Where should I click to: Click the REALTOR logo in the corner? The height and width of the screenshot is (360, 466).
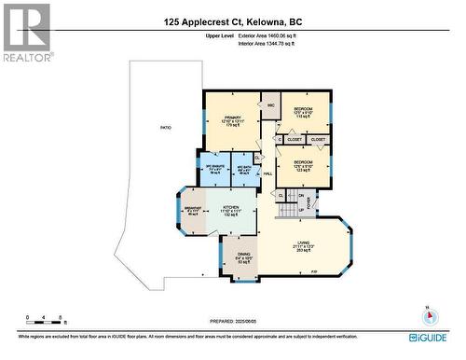point(25,33)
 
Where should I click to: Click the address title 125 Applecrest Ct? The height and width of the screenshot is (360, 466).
point(232,21)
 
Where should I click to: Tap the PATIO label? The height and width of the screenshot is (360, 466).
point(166,127)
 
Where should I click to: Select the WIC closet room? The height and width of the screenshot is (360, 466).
point(271,105)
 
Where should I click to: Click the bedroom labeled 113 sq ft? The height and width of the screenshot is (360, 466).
point(304,113)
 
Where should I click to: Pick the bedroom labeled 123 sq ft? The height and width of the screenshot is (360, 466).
point(304,166)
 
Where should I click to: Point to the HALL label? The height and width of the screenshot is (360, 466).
point(267,174)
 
